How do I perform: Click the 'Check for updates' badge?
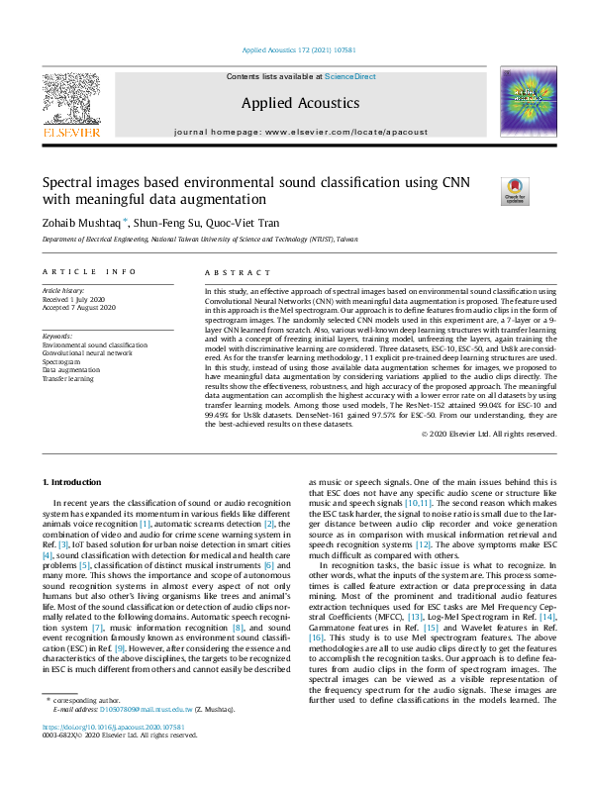point(515,191)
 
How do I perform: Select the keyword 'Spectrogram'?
point(61,361)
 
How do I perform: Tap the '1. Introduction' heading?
point(77,482)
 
